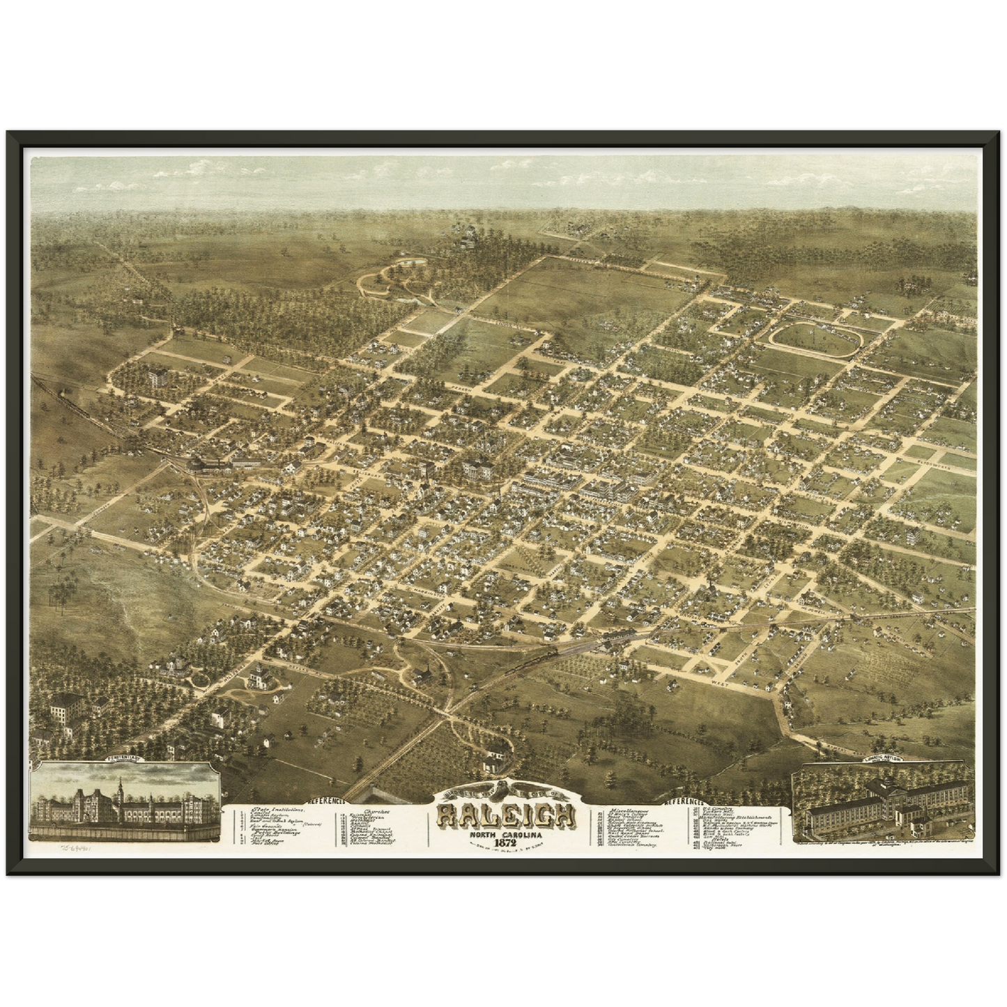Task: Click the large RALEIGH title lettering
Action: coord(506,815)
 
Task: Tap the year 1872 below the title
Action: coord(507,843)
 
